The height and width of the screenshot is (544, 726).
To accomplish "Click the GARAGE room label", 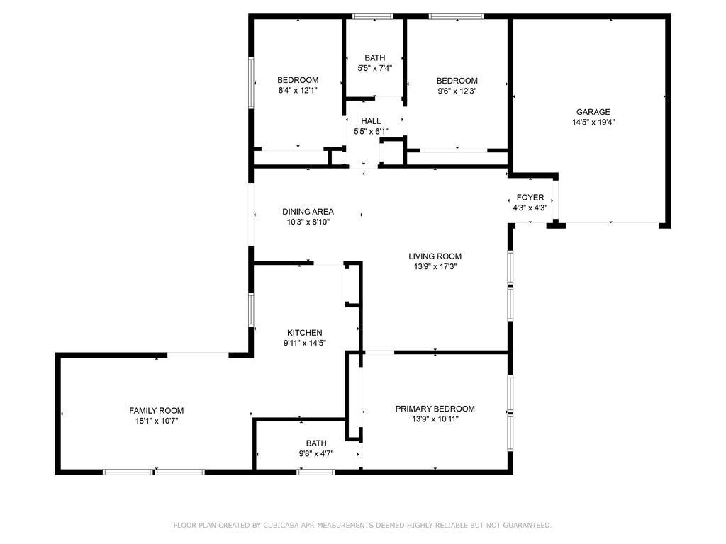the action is (x=593, y=112).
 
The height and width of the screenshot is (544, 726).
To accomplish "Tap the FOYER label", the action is (x=530, y=198).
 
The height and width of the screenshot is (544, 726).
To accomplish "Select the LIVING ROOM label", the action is (x=435, y=256).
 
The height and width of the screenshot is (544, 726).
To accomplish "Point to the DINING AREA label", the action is (x=308, y=212).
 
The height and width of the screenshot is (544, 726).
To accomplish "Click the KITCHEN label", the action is (x=305, y=333).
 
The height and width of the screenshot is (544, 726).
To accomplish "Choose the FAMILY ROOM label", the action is (x=157, y=411).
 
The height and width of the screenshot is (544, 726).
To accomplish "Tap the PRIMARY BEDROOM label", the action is (x=435, y=409).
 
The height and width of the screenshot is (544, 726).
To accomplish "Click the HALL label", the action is (x=371, y=121).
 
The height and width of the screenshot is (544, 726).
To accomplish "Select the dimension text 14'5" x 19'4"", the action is (x=593, y=123).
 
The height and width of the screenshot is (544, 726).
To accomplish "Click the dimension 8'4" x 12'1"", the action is (x=298, y=91).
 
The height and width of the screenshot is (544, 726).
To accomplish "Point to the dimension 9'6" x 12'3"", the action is (x=457, y=91).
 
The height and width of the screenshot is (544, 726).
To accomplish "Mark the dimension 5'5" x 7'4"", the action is (x=374, y=69).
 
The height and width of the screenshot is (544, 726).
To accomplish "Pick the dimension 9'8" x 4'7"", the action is (x=315, y=454).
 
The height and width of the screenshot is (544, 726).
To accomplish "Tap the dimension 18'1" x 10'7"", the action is (x=157, y=421).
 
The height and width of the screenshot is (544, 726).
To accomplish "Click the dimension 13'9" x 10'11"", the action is (x=435, y=419).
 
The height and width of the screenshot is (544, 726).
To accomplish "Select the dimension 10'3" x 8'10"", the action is (x=308, y=222).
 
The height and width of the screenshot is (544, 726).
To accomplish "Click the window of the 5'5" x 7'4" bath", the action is (x=373, y=17).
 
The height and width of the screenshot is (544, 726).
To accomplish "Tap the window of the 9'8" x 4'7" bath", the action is (x=315, y=472).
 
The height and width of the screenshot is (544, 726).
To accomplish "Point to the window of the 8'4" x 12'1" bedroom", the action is (x=252, y=83).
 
